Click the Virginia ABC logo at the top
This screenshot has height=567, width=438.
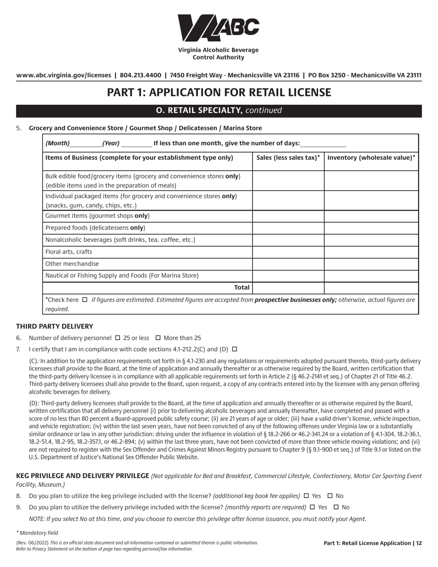(219, 28)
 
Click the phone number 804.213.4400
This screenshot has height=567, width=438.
(140, 75)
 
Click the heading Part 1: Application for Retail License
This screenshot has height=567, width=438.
(219, 93)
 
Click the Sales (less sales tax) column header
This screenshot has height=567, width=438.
(288, 158)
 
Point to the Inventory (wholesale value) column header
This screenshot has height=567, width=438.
(371, 158)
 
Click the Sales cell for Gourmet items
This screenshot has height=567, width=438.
(288, 216)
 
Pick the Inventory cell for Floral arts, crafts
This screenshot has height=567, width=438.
(371, 252)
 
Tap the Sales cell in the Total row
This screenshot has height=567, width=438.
(288, 288)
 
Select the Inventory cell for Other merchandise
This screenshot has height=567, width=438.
(371, 264)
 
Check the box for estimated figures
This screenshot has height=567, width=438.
(84, 300)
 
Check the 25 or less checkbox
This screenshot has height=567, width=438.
(117, 338)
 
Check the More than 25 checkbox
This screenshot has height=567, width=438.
(158, 338)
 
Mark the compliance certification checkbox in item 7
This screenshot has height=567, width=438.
(234, 349)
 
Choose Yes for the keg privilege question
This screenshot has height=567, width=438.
(307, 496)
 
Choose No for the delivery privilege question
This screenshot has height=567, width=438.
(336, 507)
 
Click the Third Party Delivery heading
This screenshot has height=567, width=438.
(54, 326)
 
